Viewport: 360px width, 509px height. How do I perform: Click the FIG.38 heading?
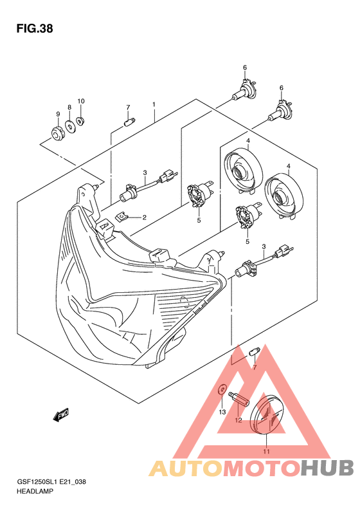tap(34, 29)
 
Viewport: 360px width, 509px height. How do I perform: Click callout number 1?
tap(154, 104)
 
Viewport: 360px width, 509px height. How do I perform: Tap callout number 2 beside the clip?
tap(145, 217)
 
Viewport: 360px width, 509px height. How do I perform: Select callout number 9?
tap(58, 114)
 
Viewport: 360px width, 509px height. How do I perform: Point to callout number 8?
tap(69, 107)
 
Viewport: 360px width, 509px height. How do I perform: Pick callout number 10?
tap(81, 101)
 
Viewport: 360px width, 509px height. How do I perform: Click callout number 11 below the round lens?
tap(267, 451)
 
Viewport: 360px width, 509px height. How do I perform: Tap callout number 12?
tap(239, 420)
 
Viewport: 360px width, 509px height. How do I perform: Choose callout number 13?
tap(222, 412)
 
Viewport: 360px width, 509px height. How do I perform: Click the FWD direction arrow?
tap(60, 415)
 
